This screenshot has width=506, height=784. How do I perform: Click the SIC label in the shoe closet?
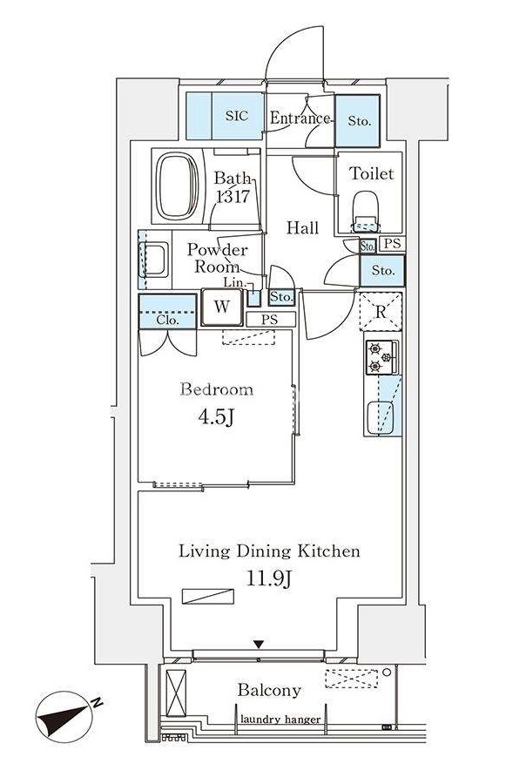tap(237, 116)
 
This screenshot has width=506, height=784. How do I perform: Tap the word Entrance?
tap(300, 118)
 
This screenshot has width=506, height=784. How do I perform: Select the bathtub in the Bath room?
tap(177, 186)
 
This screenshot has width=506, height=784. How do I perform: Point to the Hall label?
tap(302, 228)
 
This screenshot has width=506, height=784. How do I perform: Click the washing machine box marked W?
tap(222, 307)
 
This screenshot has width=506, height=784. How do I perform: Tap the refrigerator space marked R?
tap(381, 312)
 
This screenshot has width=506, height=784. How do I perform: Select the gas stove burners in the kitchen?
tap(381, 357)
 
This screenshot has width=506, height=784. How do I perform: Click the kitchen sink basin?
tap(380, 418)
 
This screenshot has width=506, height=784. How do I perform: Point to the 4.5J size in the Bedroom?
tap(217, 417)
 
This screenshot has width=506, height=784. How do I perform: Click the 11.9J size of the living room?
tap(269, 578)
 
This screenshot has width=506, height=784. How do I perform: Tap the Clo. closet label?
tap(167, 320)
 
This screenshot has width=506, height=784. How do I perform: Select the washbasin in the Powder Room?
tap(154, 259)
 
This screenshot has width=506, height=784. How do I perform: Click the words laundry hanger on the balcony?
tap(280, 720)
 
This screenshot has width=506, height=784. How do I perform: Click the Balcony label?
tap(269, 691)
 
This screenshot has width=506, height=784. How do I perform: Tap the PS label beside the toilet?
tap(393, 244)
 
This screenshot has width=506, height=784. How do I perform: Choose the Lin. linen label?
tap(235, 282)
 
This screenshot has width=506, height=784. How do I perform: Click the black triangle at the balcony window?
tap(258, 644)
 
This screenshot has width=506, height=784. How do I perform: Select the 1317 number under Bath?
tap(233, 197)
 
